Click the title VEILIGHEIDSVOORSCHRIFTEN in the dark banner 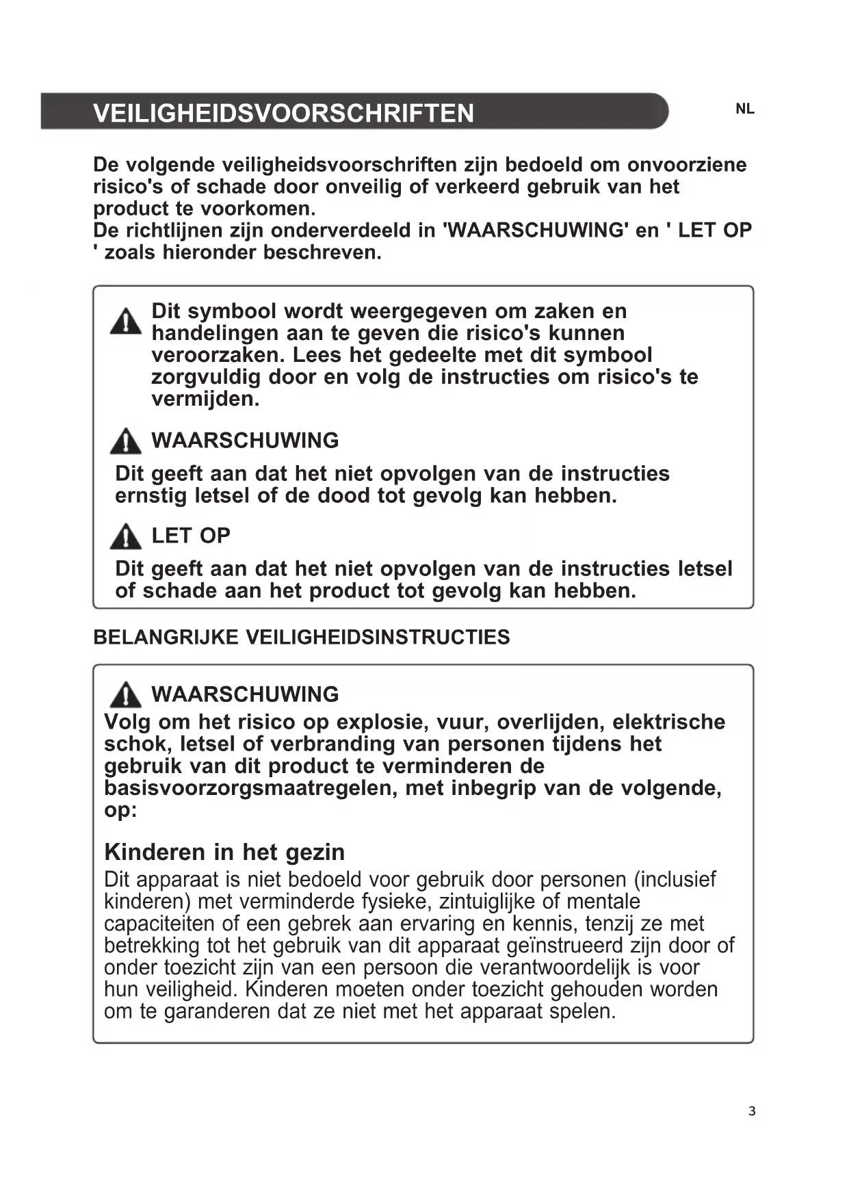coord(283,113)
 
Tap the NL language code coord(744,109)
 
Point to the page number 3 coord(752,1111)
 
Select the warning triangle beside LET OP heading coord(126,536)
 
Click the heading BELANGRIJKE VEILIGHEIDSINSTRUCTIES coord(301,637)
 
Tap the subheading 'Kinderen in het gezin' coord(224,852)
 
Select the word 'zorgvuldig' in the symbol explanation coord(206,377)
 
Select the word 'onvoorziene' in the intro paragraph coord(687,165)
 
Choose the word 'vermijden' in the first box coord(205,399)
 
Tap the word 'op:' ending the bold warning coord(120,810)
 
